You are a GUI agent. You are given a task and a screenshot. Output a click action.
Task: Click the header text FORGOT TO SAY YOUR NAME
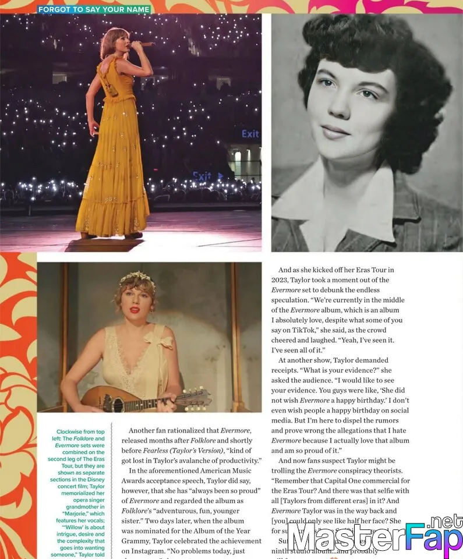[94, 9]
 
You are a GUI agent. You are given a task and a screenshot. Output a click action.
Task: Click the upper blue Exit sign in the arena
[250, 134]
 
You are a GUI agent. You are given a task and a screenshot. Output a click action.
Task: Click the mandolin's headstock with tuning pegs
[195, 399]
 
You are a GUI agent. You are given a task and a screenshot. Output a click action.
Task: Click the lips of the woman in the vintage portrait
[336, 132]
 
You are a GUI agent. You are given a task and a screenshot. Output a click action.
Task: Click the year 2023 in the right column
[282, 280]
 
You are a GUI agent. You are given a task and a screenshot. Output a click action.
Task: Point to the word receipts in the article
[288, 370]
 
